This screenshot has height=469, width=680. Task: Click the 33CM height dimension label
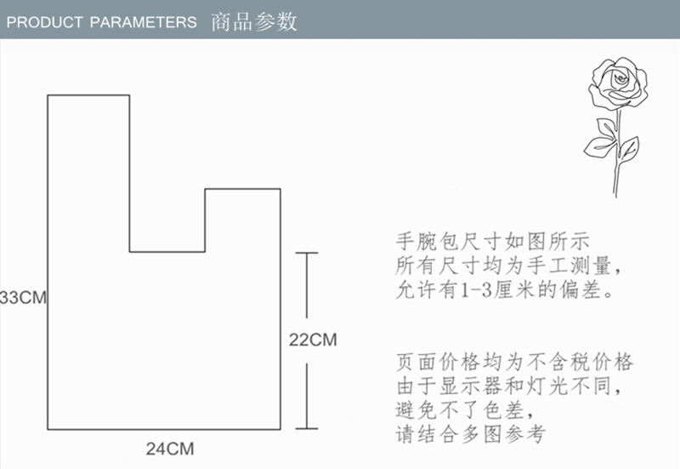(x=22, y=298)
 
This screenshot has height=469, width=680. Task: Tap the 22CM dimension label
(x=313, y=340)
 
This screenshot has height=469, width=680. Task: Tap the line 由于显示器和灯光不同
(x=515, y=386)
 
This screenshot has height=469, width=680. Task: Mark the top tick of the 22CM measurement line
(x=306, y=253)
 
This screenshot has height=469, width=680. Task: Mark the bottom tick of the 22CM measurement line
(x=306, y=428)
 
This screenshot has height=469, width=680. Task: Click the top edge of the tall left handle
(x=88, y=95)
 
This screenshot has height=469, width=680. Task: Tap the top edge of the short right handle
(x=242, y=189)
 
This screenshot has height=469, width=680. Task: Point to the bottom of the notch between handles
(x=167, y=252)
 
